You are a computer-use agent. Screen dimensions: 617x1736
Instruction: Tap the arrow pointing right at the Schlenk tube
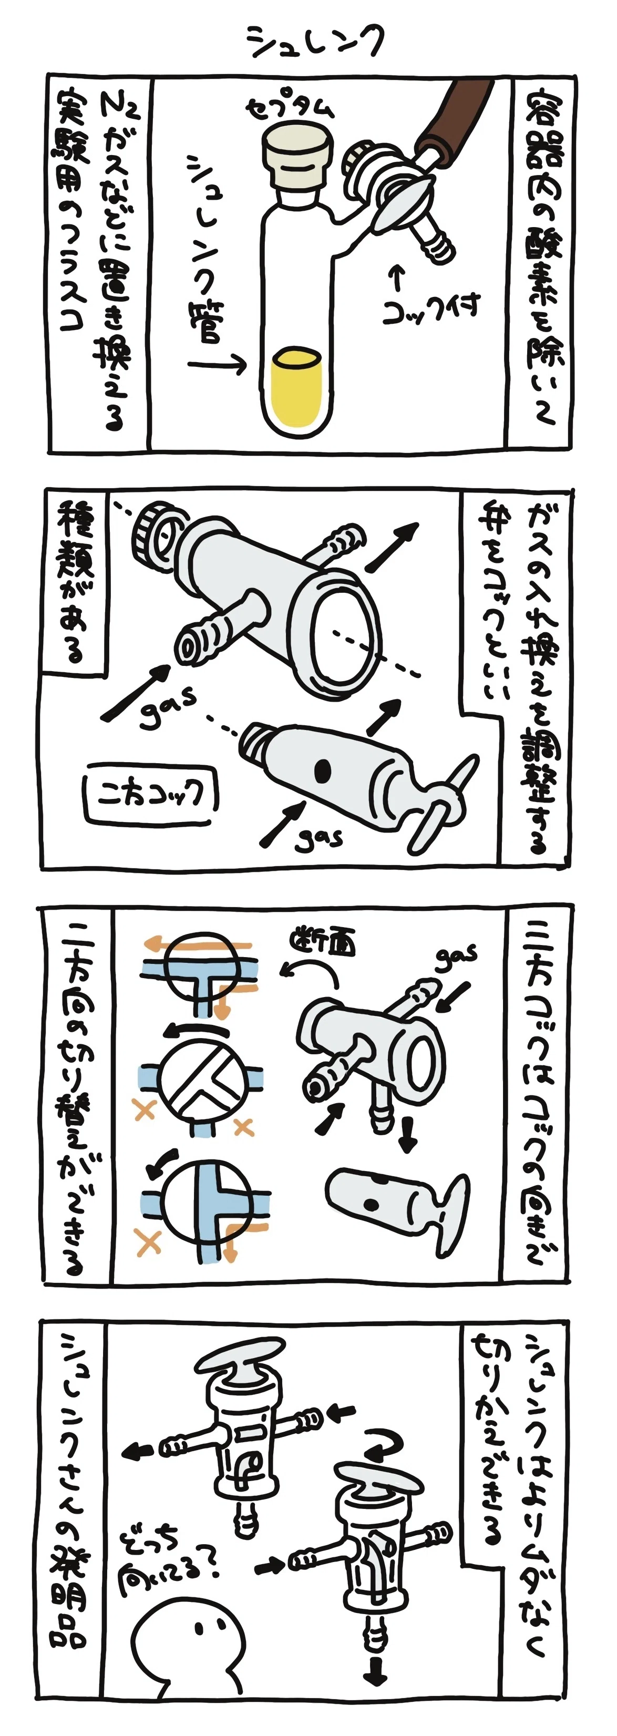click(x=217, y=365)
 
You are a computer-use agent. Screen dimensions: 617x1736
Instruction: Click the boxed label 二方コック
click(x=150, y=795)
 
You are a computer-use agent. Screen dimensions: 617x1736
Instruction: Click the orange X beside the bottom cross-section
click(x=148, y=1240)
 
